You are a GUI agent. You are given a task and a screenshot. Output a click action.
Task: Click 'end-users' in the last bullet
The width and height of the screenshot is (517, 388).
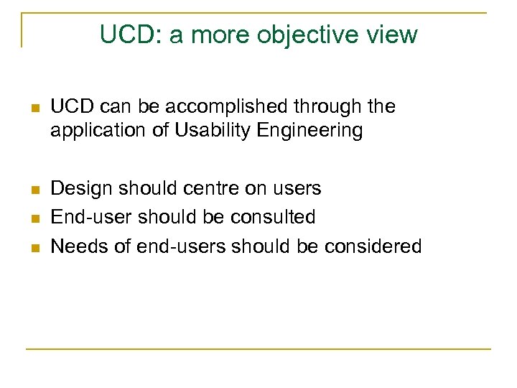coord(175,246)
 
